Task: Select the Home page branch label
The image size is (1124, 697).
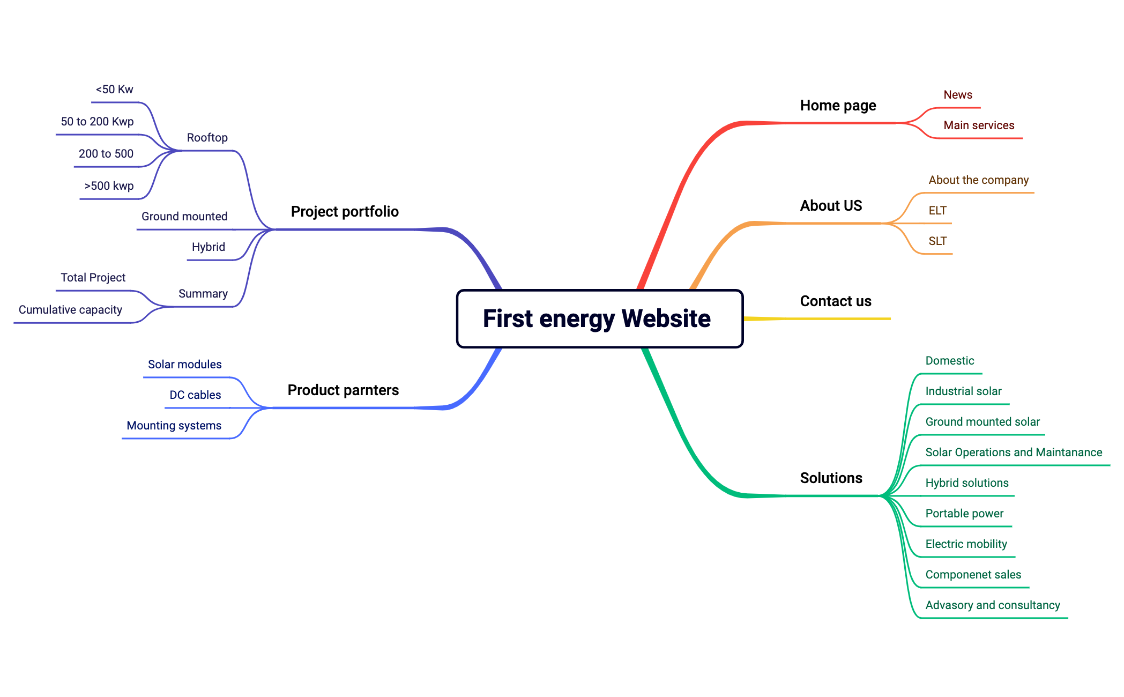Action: point(838,106)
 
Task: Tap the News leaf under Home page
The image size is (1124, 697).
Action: point(957,95)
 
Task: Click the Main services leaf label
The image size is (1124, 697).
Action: point(978,125)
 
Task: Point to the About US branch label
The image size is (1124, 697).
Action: point(831,206)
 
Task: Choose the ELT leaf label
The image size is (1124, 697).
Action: point(937,211)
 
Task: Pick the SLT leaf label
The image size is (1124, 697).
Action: point(937,241)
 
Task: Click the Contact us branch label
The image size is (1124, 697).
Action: point(835,301)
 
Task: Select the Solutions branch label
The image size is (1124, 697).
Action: point(831,478)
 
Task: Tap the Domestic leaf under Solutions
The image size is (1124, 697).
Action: point(949,361)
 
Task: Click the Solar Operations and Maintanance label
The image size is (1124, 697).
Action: point(1013,453)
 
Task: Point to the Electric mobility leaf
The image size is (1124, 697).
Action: point(966,544)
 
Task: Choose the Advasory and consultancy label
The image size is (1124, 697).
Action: point(992,605)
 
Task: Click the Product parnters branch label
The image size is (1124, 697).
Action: point(343,390)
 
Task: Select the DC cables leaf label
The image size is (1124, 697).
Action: point(195,395)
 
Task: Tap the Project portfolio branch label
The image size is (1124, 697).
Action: point(345,212)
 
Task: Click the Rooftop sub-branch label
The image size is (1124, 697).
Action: point(207,138)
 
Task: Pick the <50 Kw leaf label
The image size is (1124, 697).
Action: point(114,90)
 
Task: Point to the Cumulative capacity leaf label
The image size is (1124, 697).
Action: point(70,310)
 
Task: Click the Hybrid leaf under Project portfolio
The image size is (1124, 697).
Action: point(208,247)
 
